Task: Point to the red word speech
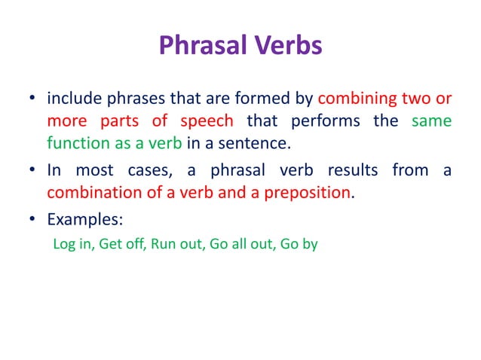pos(206,121)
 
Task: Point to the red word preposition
pos(306,192)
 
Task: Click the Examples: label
pos(80,221)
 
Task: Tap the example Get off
pos(118,244)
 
